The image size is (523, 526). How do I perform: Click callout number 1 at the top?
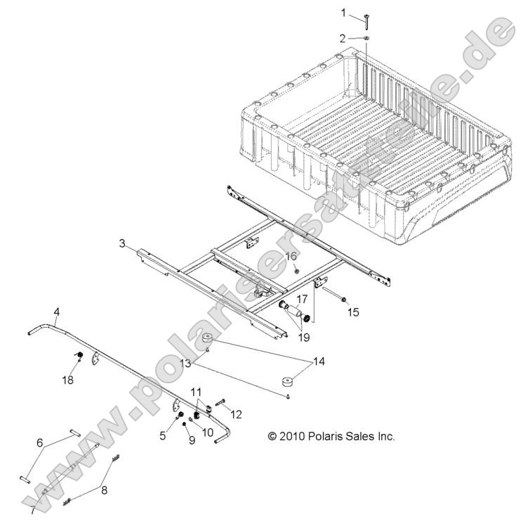coord(344,12)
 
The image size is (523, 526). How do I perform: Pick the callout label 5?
coord(163,435)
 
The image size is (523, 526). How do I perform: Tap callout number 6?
coord(40,442)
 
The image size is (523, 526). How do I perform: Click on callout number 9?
coord(190,441)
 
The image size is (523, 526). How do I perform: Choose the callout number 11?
coord(196,390)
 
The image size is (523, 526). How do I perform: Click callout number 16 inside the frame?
coord(291,256)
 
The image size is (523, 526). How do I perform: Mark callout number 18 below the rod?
coord(67,380)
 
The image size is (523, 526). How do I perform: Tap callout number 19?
coord(303,337)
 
